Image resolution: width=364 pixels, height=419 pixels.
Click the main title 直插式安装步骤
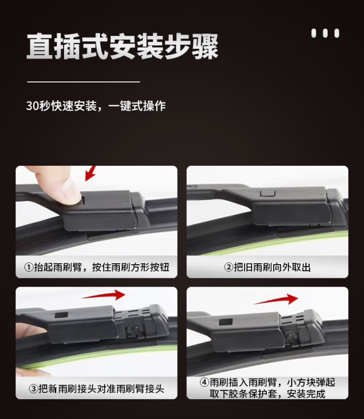[x=122, y=46]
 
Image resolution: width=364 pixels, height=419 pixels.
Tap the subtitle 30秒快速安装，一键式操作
[x=96, y=106]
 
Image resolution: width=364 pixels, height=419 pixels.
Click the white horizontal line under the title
[x=83, y=82]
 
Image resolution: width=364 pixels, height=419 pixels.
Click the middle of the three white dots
[x=325, y=33]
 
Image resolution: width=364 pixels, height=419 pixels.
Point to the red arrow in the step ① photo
[x=90, y=173]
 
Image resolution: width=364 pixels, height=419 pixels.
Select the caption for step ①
[x=97, y=267]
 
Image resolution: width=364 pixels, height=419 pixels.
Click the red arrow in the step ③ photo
[x=103, y=295]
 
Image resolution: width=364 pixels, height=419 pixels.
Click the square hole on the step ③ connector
[x=61, y=315]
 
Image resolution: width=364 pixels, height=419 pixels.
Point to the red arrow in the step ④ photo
[x=276, y=299]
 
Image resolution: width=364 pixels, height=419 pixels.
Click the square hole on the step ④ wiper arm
[x=226, y=322]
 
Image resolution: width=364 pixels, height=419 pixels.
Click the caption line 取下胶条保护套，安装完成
[x=267, y=394]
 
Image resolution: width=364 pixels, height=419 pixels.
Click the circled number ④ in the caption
[x=204, y=383]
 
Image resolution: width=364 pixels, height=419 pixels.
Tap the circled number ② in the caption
[x=229, y=267]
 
